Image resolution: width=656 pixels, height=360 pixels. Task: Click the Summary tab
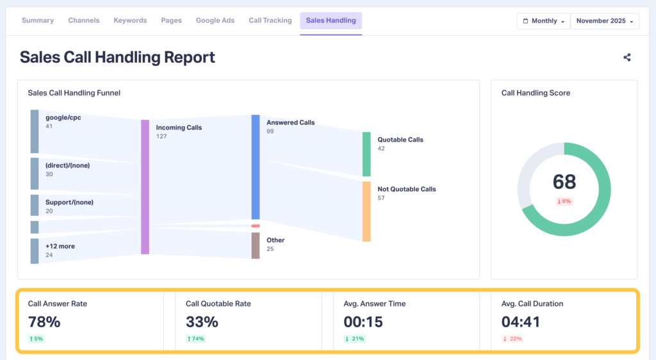pos(38,20)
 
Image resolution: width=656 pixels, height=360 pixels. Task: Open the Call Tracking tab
pos(270,20)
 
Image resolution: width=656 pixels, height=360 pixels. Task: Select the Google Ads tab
pos(215,20)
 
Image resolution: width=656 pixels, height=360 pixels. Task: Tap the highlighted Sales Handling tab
pos(331,20)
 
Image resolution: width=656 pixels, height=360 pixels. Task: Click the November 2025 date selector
pos(605,21)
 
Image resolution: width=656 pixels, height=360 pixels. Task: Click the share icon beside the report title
pos(627,57)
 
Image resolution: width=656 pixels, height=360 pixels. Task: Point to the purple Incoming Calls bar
pos(145,186)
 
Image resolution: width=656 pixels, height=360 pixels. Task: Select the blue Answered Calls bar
pos(256,167)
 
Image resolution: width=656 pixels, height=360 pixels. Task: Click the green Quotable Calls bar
pos(366,154)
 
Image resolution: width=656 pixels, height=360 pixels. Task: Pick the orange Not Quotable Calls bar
pos(366,211)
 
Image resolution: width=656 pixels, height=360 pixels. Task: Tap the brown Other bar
pos(256,245)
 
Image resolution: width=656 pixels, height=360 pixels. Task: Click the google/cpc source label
pos(63,118)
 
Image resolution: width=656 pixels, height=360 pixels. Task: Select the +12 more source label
pos(59,246)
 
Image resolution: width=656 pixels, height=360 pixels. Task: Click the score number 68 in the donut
pos(564,182)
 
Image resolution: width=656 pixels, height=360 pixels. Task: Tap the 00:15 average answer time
pos(363,321)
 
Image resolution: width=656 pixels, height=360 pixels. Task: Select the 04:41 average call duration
pos(520,321)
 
